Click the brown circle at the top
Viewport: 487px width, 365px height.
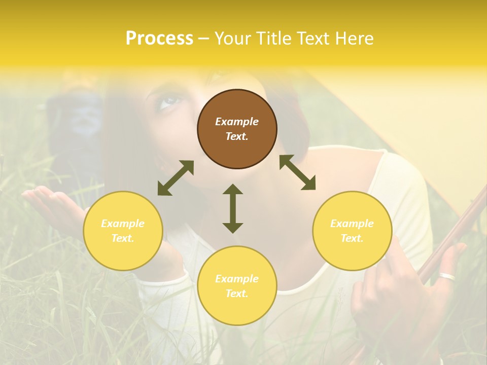(x=237, y=129)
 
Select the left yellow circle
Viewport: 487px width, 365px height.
(x=123, y=231)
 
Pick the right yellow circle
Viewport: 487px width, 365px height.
(x=352, y=231)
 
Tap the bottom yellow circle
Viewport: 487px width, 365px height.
(x=237, y=286)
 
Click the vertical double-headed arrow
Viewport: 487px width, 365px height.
(x=233, y=208)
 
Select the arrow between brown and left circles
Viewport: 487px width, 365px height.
(x=176, y=178)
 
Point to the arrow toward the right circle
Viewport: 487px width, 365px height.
(x=297, y=172)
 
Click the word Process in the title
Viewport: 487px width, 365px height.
(x=159, y=38)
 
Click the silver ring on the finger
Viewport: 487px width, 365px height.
(x=447, y=277)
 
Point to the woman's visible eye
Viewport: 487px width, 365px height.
(x=169, y=102)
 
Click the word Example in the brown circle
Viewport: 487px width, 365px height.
(x=237, y=122)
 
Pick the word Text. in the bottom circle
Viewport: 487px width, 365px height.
(x=237, y=294)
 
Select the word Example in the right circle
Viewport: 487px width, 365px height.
(x=352, y=224)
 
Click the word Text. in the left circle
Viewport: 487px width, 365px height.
(x=123, y=238)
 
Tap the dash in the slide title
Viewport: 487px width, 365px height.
(x=204, y=38)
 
